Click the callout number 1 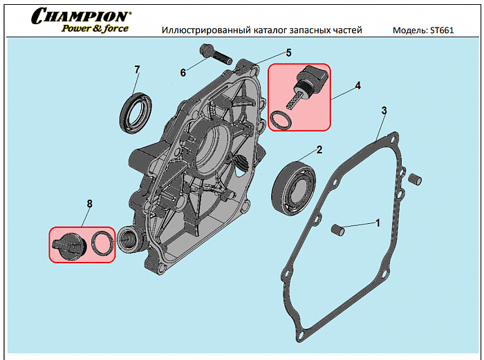click(378, 222)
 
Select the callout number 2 click(319, 149)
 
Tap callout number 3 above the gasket click(384, 111)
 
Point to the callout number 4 click(357, 86)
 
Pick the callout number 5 click(288, 53)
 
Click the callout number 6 click(183, 73)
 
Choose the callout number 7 click(137, 70)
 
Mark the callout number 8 click(89, 203)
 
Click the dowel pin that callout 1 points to click(338, 229)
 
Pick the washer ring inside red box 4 click(280, 121)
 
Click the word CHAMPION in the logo click(80, 15)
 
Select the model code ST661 click(441, 30)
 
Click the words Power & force click(95, 28)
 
